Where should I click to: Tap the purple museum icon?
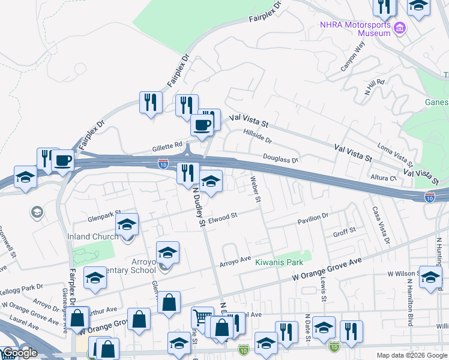pyautogui.click(x=399, y=26)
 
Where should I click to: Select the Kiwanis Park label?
pyautogui.click(x=279, y=262)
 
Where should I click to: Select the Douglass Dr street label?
pyautogui.click(x=280, y=158)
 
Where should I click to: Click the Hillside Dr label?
pyautogui.click(x=258, y=136)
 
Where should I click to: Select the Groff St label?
pyautogui.click(x=345, y=230)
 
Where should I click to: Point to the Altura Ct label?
pyautogui.click(x=384, y=178)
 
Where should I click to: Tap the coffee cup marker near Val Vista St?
pyautogui.click(x=202, y=125)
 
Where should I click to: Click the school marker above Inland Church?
pyautogui.click(x=127, y=224)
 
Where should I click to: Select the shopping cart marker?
pyautogui.click(x=202, y=317)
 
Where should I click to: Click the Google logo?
pyautogui.click(x=20, y=353)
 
